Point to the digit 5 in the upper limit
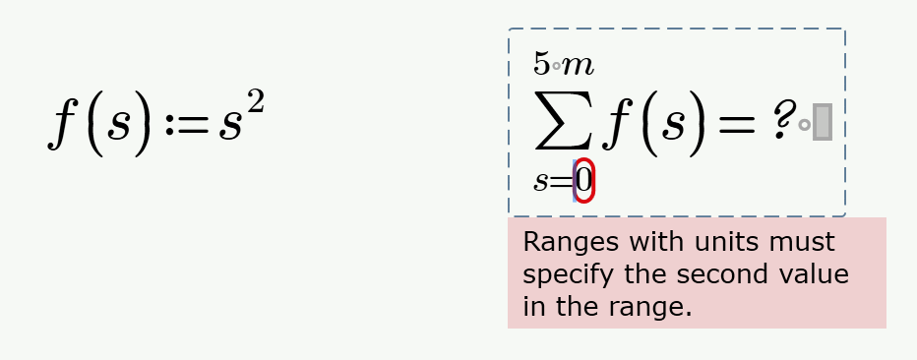tap(541, 64)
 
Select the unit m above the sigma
tap(579, 66)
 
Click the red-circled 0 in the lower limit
tap(584, 181)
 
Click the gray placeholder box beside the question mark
tap(823, 122)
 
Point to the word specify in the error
tap(563, 275)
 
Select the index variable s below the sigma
tap(542, 182)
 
